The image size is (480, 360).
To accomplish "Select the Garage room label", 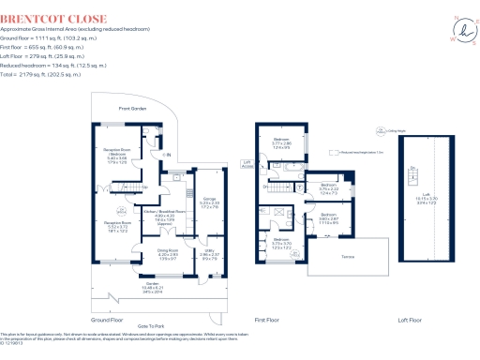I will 210,202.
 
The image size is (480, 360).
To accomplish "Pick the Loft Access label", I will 247,164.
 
